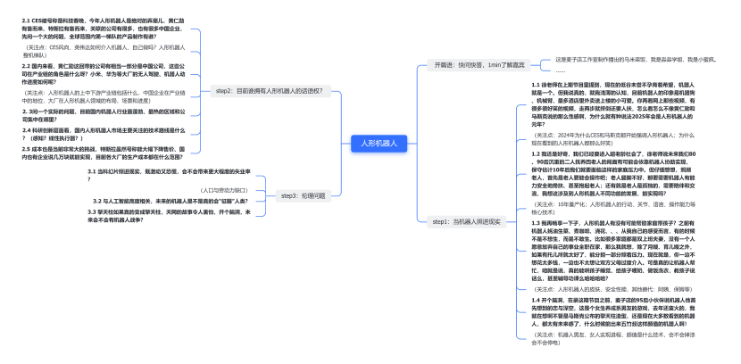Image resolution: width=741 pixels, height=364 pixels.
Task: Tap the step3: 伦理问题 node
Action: tap(303, 194)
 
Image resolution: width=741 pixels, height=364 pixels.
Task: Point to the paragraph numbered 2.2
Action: tap(102, 74)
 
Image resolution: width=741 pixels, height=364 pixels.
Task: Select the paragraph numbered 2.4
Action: tap(102, 133)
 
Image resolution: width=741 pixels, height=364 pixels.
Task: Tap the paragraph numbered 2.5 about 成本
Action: tap(102, 153)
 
